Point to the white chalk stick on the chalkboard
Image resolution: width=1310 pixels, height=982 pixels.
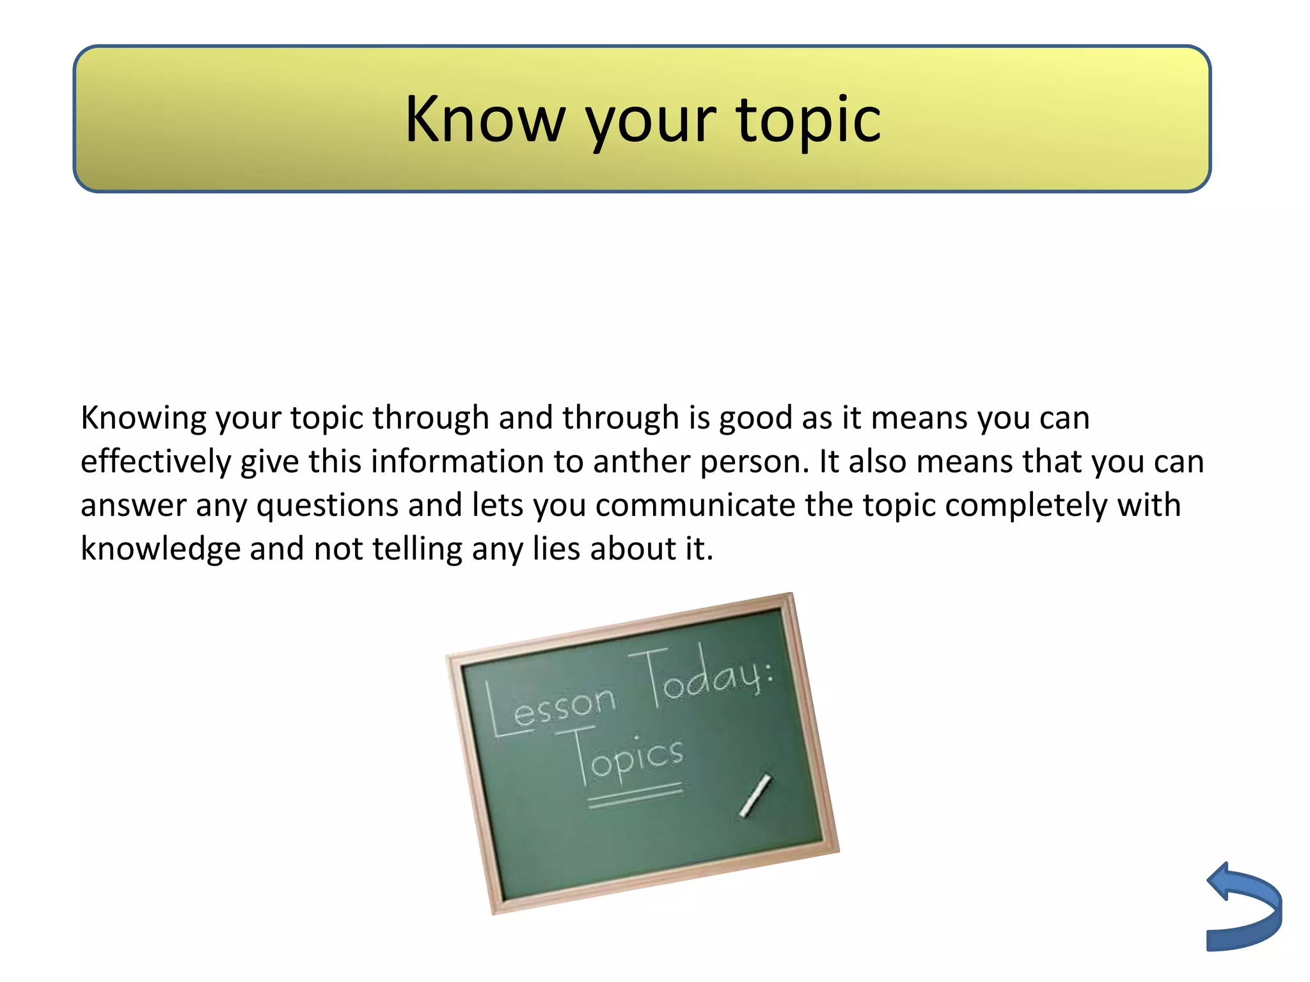coord(755,795)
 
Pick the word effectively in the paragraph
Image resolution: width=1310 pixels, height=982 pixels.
coord(155,462)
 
